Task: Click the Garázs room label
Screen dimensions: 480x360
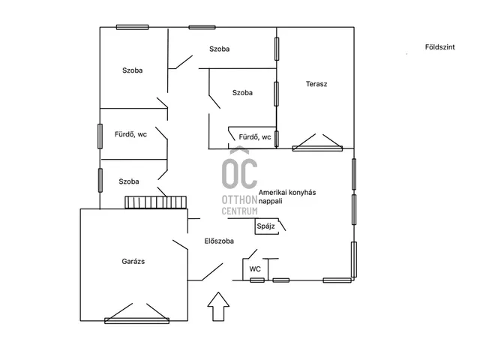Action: pyautogui.click(x=133, y=262)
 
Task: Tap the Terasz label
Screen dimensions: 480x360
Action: pyautogui.click(x=316, y=84)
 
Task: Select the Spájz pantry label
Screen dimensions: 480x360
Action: pyautogui.click(x=265, y=226)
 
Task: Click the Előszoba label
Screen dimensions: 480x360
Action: pyautogui.click(x=219, y=241)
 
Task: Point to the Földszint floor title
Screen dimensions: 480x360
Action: pyautogui.click(x=440, y=47)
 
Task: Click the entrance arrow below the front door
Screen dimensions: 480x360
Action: pyautogui.click(x=218, y=307)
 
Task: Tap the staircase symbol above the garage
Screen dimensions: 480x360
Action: pyautogui.click(x=155, y=202)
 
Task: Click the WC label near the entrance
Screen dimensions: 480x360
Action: pyautogui.click(x=255, y=269)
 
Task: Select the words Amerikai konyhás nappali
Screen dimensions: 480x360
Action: pyautogui.click(x=287, y=196)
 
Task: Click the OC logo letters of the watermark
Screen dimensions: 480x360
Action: pyautogui.click(x=240, y=173)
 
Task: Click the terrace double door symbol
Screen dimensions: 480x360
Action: pyautogui.click(x=317, y=142)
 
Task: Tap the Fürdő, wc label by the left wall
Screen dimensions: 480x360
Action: pyautogui.click(x=130, y=134)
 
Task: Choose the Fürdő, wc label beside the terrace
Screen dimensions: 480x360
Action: pyautogui.click(x=255, y=137)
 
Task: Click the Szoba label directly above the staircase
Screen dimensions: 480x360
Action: pyautogui.click(x=129, y=181)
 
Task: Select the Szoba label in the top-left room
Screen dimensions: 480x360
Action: pyautogui.click(x=133, y=70)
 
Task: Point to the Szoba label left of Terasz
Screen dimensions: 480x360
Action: pyautogui.click(x=242, y=93)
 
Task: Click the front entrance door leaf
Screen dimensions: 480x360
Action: pyautogui.click(x=212, y=271)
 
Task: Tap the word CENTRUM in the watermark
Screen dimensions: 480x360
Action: pyautogui.click(x=240, y=211)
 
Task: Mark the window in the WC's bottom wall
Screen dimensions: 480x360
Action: pyautogui.click(x=257, y=280)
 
